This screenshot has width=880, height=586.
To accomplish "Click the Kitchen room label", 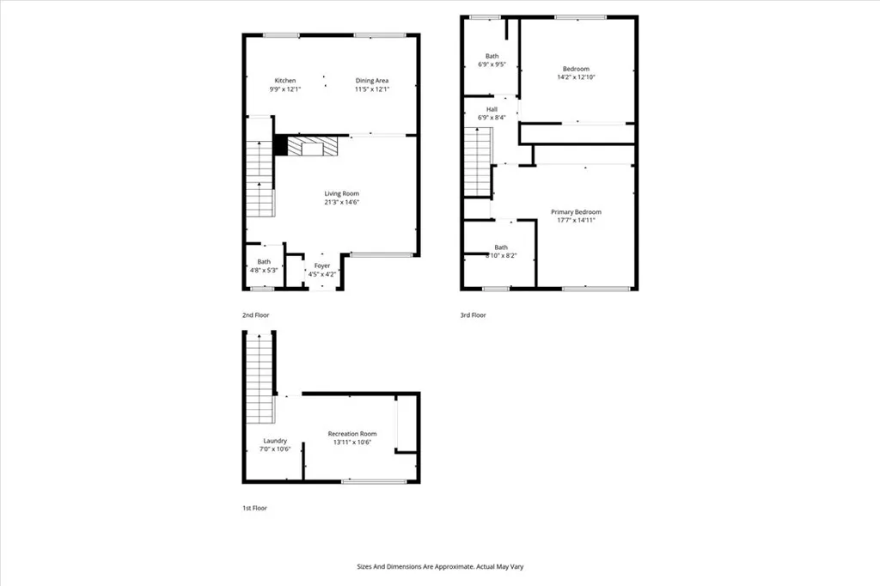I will pos(284,81).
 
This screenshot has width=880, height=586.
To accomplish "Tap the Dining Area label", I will pos(372,81).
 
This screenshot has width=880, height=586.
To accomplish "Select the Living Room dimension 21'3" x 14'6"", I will pos(341,203).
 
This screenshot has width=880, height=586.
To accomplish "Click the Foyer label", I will pos(322,266).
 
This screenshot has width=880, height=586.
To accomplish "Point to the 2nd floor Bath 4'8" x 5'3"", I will pos(264,266).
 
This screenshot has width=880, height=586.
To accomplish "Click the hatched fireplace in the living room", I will pos(313,148).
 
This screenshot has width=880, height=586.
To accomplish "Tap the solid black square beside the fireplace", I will pos(280,146).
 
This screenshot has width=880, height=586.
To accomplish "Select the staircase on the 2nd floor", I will pos(260,179).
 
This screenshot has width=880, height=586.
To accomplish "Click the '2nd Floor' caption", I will pos(255,315).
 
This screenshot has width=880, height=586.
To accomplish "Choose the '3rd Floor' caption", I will pos(473,315).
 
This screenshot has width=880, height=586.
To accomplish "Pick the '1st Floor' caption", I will pos(254,508).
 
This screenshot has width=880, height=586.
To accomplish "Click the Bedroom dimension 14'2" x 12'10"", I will pos(576,77).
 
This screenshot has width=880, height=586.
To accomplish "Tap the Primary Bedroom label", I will pos(576,211).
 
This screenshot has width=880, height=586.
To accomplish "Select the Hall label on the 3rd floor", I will pos(492,109).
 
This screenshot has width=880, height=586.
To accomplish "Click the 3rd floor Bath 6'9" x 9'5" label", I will pos(492,58).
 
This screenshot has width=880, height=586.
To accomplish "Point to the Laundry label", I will pos(275,441).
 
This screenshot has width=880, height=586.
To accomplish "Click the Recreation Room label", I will pos(352,434).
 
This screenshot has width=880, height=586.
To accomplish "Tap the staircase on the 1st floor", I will pos(260,378).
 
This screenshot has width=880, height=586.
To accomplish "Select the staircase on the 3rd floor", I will pos(477,162).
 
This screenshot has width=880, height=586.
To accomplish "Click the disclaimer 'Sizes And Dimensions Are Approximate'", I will pos(440,566).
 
